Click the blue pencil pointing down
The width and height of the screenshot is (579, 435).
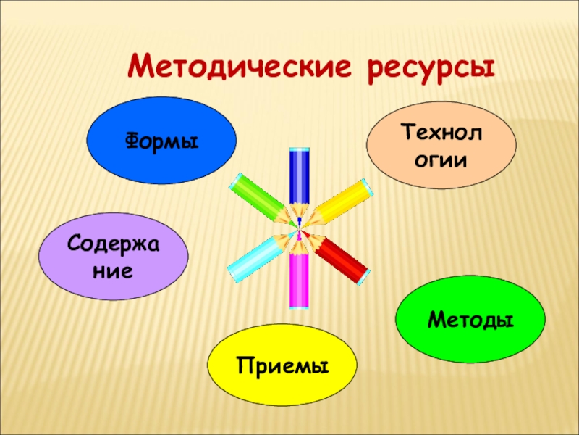click(299, 178)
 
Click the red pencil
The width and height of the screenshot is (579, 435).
click(342, 258)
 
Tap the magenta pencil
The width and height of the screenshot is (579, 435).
click(299, 279)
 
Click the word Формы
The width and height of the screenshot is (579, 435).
click(162, 141)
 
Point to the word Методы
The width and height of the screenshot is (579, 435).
click(470, 319)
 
